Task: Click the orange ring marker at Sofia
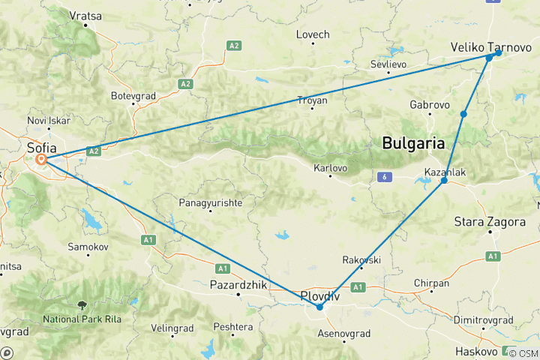tap(41, 160)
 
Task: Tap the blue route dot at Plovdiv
tap(319, 307)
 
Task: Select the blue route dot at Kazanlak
tap(444, 181)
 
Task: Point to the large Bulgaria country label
tap(413, 142)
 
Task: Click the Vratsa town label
tap(85, 15)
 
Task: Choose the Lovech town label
tap(313, 34)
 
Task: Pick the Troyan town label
tap(313, 100)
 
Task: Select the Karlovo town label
tap(330, 168)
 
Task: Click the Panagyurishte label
tap(210, 203)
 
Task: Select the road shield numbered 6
tap(385, 176)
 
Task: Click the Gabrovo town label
tap(430, 104)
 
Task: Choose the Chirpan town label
tap(431, 283)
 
